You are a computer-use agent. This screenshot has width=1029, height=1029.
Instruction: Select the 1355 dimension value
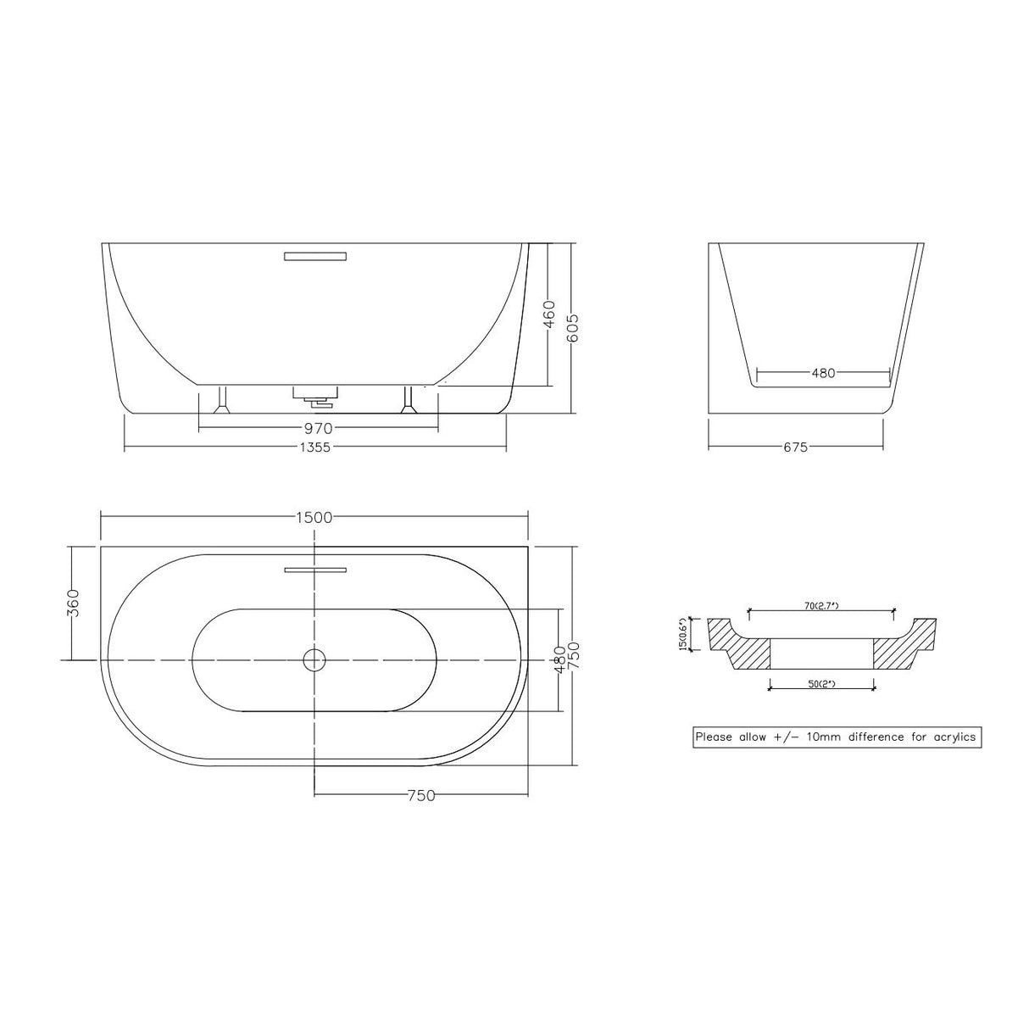click(315, 448)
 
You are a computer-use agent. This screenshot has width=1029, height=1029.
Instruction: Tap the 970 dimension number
click(318, 428)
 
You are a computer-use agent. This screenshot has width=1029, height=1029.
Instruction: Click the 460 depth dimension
click(548, 314)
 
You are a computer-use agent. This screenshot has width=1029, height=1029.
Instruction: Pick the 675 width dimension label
click(795, 447)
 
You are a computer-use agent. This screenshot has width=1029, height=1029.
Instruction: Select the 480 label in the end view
click(823, 372)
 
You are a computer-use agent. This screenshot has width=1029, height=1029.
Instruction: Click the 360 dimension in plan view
click(73, 603)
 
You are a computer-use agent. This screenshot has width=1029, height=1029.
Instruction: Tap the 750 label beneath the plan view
click(421, 795)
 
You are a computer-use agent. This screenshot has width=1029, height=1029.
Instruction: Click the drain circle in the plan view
click(314, 659)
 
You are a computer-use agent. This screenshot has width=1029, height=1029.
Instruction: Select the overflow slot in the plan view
click(315, 570)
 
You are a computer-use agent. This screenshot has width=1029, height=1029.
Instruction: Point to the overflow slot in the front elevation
click(315, 255)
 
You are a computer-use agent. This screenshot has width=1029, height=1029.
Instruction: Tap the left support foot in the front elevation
click(223, 401)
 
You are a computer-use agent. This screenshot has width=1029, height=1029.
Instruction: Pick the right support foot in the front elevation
click(409, 401)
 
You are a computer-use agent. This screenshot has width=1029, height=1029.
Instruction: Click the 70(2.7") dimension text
click(821, 605)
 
